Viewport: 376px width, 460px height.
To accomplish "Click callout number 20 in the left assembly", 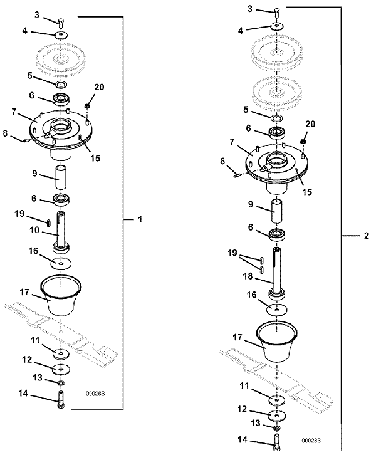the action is tap(99, 87).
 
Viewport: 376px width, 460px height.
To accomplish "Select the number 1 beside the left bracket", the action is tap(140, 219).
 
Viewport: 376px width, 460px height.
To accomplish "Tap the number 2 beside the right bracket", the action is tap(367, 236).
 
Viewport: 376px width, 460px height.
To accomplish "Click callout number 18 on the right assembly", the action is tap(248, 276).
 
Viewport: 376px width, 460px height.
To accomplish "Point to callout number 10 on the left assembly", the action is tap(34, 230).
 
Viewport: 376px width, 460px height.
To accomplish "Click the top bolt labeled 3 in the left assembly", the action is tap(61, 23).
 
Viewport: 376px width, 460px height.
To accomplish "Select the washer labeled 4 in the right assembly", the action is tap(276, 26).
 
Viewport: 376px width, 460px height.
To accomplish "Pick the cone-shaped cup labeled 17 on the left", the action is tap(61, 295).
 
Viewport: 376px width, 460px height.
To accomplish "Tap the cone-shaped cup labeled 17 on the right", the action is tap(277, 343).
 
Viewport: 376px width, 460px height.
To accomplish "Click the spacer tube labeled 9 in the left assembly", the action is tap(61, 178).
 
